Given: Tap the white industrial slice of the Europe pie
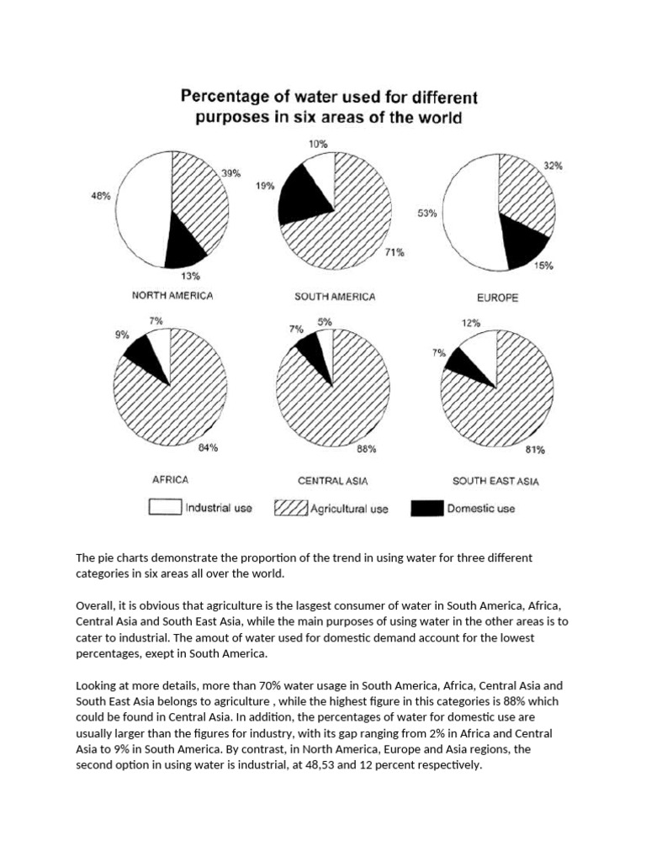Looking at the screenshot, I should [470, 214].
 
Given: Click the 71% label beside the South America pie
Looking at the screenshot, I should [394, 251].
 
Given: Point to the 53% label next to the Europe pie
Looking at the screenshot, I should [426, 214].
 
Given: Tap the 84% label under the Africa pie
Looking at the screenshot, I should [208, 448].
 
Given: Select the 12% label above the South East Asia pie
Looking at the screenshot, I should [472, 322].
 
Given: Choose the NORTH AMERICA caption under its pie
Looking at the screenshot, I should [172, 296].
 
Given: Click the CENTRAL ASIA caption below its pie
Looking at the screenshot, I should [333, 481].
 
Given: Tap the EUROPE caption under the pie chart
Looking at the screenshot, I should [497, 298].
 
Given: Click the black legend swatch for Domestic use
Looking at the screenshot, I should [426, 509].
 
